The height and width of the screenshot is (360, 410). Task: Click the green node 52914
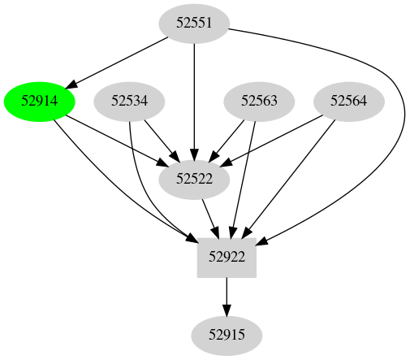[40, 102]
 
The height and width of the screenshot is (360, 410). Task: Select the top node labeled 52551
[194, 24]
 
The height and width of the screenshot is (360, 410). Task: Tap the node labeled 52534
[130, 102]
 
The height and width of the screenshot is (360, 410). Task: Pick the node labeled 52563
[259, 102]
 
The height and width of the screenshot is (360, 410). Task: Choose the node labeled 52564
[349, 102]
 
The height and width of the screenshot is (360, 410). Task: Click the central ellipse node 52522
[194, 180]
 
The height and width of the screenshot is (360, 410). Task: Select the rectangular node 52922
[227, 258]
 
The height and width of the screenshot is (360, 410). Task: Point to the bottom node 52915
[227, 335]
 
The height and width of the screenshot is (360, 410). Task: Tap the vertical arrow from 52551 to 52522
[194, 98]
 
